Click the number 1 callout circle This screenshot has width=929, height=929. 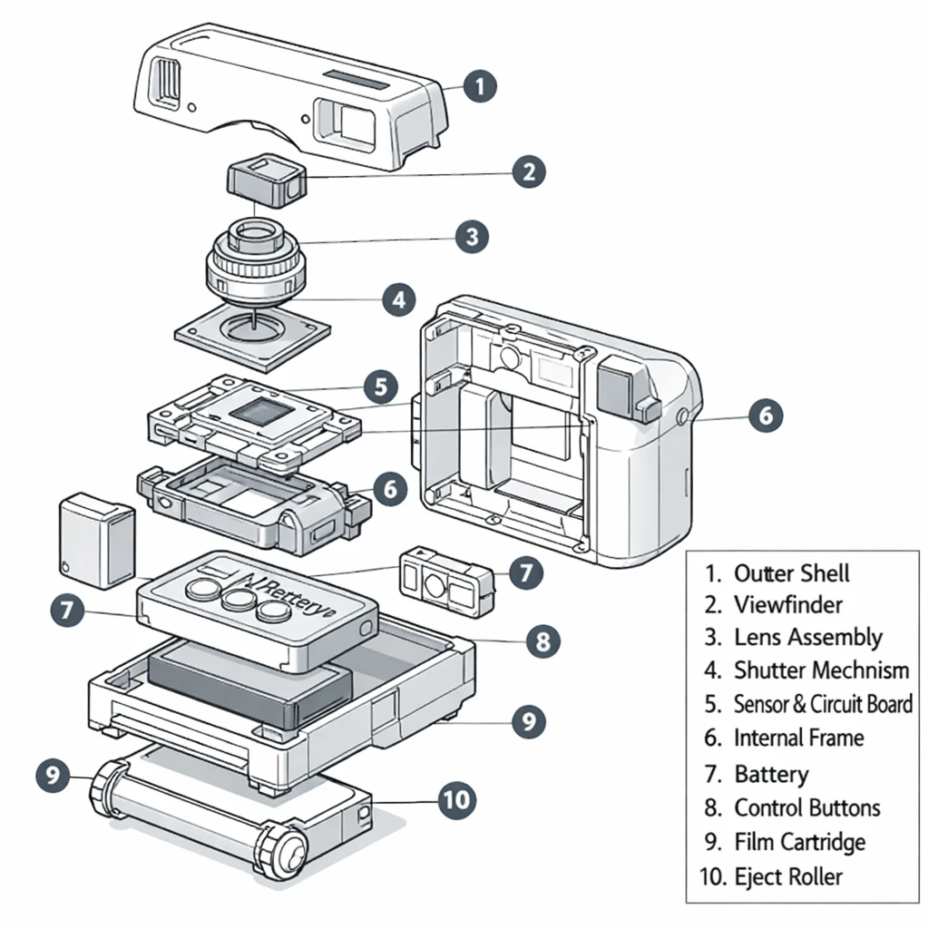click(479, 87)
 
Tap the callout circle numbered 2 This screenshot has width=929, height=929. click(528, 171)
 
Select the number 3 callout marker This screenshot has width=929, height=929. click(471, 238)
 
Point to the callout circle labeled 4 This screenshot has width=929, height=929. click(398, 299)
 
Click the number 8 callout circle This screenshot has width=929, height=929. click(542, 642)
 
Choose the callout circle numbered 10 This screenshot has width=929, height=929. click(456, 798)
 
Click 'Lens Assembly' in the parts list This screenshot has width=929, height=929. click(807, 638)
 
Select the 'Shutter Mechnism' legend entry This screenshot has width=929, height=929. click(820, 670)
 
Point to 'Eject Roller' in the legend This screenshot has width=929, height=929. click(787, 876)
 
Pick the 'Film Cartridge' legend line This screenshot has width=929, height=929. click(799, 842)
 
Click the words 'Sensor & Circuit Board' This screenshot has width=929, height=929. click(822, 704)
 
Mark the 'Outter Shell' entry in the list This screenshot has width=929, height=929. click(791, 573)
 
